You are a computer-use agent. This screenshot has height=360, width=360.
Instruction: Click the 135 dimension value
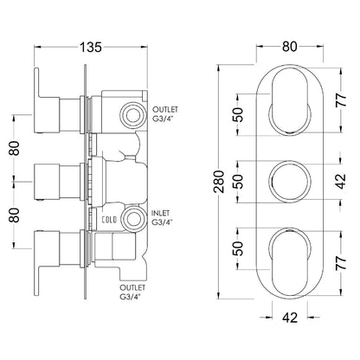pyautogui.click(x=91, y=47)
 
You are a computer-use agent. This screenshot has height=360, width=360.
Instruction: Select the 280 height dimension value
pyautogui.click(x=220, y=182)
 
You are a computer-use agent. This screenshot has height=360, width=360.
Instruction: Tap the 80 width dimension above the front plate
pyautogui.click(x=290, y=46)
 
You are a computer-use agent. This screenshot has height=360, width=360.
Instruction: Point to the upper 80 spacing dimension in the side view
pyautogui.click(x=15, y=148)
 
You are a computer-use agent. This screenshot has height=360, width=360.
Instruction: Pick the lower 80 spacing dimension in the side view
pyautogui.click(x=15, y=215)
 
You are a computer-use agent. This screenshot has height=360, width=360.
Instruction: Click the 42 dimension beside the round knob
pyautogui.click(x=341, y=181)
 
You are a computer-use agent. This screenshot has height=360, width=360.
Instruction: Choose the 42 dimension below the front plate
pyautogui.click(x=290, y=318)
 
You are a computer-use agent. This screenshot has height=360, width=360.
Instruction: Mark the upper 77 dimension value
pyautogui.click(x=341, y=100)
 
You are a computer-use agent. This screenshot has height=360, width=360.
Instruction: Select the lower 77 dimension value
pyautogui.click(x=341, y=262)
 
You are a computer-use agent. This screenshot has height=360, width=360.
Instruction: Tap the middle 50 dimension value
pyautogui.click(x=239, y=181)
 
